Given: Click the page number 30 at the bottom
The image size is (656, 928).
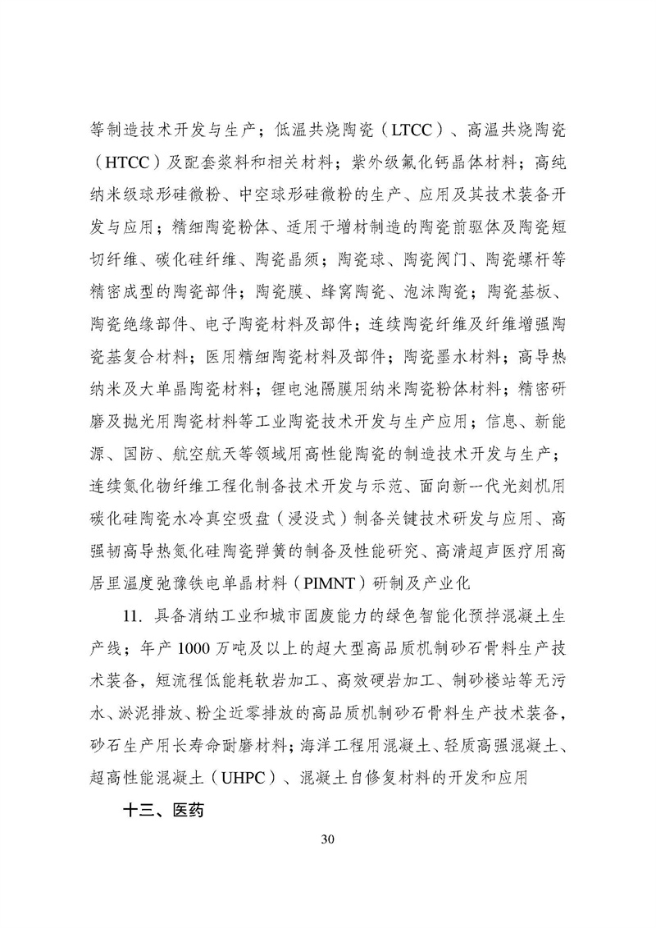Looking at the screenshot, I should click(x=328, y=839).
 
